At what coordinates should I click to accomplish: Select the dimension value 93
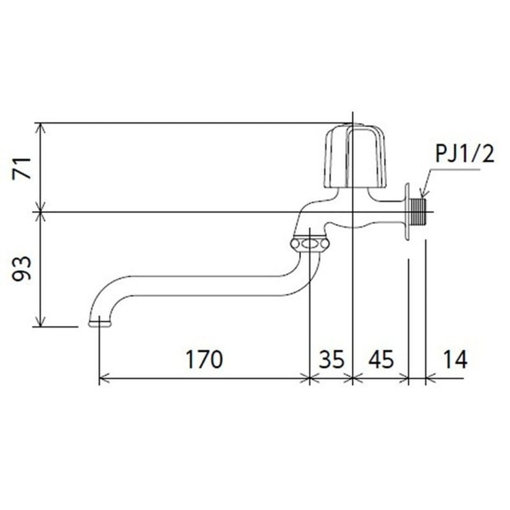pyautogui.click(x=22, y=269)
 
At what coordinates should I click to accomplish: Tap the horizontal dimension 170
pyautogui.click(x=204, y=360)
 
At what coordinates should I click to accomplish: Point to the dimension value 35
pyautogui.click(x=331, y=360)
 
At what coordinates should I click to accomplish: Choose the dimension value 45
pyautogui.click(x=381, y=360)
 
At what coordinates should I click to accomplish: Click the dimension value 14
pyautogui.click(x=453, y=360)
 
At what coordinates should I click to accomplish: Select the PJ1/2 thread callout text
pyautogui.click(x=464, y=154)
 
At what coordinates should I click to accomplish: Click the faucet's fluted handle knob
pyautogui.click(x=356, y=157)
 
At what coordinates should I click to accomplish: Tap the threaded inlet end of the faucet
pyautogui.click(x=419, y=211)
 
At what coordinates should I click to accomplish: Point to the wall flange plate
pyautogui.click(x=407, y=212)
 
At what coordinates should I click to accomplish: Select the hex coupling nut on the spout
pyautogui.click(x=309, y=244)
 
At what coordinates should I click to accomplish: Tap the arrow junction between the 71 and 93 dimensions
pyautogui.click(x=41, y=211)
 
